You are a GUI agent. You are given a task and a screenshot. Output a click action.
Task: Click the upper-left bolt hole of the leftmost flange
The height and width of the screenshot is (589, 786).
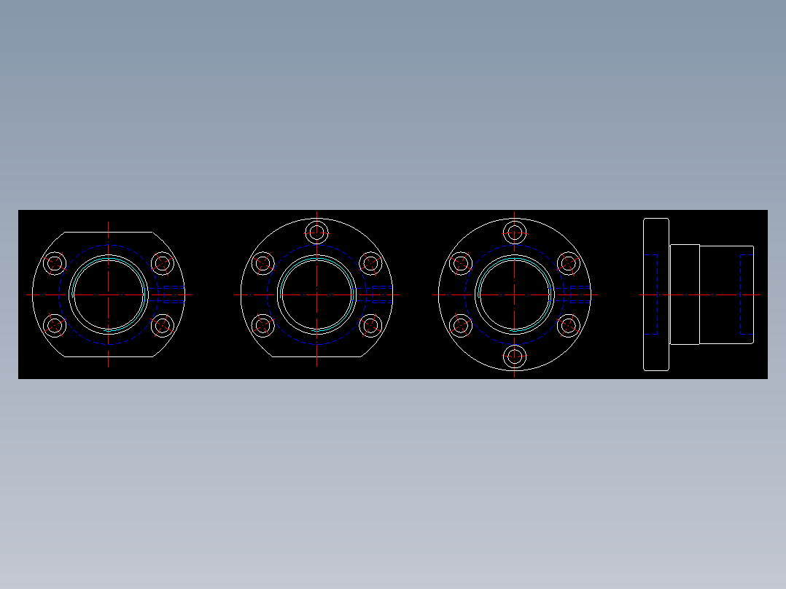55,263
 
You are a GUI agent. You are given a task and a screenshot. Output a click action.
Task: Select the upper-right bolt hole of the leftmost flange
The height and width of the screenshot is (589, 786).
162,263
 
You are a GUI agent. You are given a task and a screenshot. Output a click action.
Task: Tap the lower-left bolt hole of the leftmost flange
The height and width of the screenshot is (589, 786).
55,325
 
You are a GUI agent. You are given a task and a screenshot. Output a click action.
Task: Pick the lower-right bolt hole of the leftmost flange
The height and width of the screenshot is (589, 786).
162,325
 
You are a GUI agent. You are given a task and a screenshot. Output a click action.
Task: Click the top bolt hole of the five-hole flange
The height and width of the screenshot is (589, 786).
317,233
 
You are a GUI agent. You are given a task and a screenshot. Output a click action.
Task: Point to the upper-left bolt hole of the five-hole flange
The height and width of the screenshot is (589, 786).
263,263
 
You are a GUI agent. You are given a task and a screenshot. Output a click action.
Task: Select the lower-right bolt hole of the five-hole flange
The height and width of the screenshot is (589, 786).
370,325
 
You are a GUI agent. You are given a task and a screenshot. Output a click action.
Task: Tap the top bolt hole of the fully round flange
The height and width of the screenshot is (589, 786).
515,233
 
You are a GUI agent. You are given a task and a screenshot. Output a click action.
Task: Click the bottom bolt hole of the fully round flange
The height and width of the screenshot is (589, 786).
515,356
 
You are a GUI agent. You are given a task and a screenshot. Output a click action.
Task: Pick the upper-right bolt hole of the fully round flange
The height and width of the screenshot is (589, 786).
568,263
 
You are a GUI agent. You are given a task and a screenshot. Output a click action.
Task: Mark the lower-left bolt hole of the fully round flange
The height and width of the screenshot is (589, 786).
461,325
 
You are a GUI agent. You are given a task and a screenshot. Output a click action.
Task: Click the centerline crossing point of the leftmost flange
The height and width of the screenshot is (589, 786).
109,294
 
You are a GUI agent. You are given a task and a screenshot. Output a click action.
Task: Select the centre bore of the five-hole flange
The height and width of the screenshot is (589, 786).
317,294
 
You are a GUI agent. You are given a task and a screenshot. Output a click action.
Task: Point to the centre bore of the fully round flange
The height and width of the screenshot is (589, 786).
515,294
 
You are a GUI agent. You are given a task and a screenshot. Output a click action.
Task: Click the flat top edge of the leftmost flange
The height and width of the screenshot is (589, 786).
109,232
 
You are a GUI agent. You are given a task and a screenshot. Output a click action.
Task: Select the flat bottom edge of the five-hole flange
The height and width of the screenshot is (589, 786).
317,356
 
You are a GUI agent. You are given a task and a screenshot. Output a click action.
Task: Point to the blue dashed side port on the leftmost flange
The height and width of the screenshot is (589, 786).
172,294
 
